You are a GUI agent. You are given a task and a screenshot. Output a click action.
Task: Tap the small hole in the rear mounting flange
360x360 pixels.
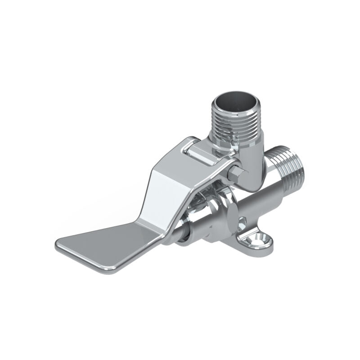(x=243, y=220)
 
